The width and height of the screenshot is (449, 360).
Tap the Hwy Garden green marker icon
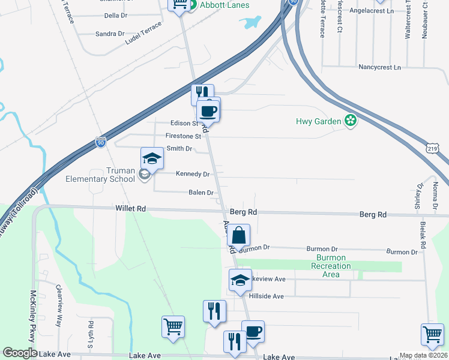351,121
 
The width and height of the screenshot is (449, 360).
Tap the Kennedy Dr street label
193,174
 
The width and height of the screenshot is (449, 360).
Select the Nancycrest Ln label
380,68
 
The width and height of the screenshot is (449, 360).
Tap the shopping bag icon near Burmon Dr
239,235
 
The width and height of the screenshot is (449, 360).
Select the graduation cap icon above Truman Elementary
152,159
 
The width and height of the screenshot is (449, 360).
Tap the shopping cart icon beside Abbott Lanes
179,5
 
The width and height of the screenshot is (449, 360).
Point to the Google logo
20,353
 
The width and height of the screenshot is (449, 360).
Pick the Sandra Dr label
110,34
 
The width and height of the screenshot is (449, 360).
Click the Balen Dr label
201,193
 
